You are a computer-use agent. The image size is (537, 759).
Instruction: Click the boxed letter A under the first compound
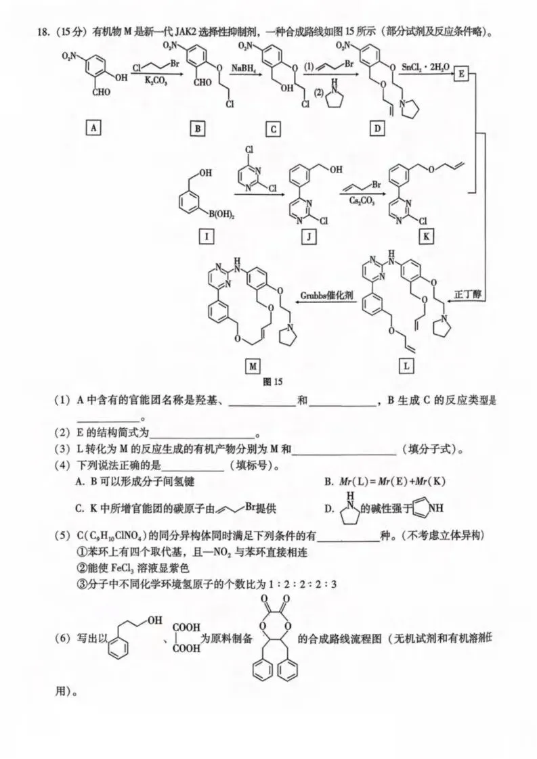click(x=92, y=125)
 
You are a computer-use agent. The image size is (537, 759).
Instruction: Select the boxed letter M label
click(x=253, y=366)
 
